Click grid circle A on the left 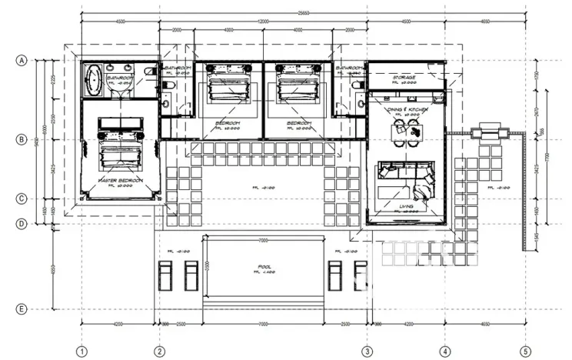coord(22,60)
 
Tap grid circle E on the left coord(22,309)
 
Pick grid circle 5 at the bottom coord(525,352)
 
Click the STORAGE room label coord(404,78)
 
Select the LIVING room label coord(407,207)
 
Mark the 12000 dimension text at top coord(263,20)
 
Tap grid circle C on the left coord(22,198)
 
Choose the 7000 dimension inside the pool coord(263,240)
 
